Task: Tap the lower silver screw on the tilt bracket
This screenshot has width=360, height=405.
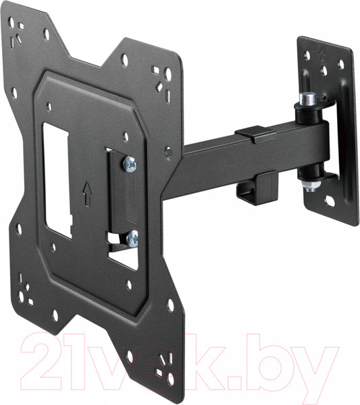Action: pos(133,237)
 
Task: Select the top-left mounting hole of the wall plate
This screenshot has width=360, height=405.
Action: pos(307,57)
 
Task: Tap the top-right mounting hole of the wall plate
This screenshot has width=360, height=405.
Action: pos(340,65)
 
